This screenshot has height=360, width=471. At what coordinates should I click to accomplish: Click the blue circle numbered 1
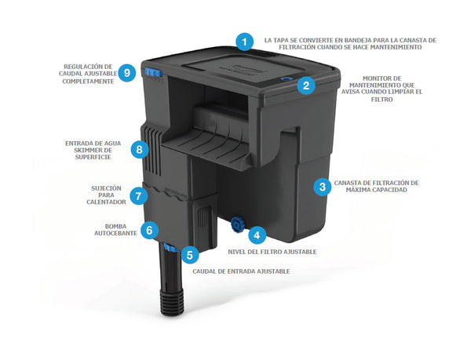point(244,42)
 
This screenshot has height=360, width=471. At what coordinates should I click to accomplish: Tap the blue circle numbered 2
point(306,85)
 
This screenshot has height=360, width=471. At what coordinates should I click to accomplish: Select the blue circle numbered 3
point(323,187)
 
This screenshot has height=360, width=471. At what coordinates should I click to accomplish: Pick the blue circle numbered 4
point(257,235)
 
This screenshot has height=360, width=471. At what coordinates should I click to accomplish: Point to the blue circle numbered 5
point(190,255)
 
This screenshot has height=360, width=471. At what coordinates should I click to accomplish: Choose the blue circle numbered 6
point(149,230)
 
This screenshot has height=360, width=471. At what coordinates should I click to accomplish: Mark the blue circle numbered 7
point(138,196)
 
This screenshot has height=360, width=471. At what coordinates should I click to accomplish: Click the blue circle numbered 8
point(140,149)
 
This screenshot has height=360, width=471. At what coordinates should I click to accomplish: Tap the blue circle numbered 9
point(127,73)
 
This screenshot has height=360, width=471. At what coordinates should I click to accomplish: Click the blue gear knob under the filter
point(237,226)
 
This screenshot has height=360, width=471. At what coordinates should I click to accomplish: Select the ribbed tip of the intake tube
point(172,303)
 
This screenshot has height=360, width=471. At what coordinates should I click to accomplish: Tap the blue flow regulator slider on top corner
point(153,72)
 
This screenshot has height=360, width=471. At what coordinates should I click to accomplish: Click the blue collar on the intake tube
point(171,248)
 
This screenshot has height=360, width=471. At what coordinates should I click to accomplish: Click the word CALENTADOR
point(106,202)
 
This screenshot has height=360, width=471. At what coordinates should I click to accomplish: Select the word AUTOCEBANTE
point(115,233)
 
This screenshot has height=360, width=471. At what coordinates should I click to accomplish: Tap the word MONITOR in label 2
point(382,78)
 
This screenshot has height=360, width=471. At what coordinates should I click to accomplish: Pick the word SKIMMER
point(93,151)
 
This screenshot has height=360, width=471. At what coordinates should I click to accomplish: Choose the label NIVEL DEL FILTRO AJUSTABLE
point(272,252)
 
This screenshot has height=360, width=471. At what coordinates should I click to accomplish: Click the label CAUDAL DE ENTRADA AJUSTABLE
point(241,271)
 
